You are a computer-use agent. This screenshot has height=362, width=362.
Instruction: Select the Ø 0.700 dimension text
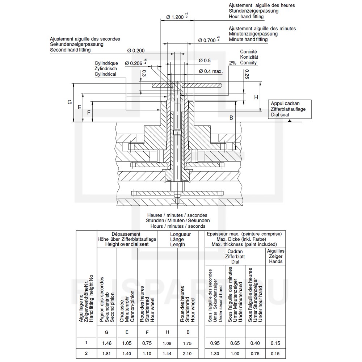pos(209,40)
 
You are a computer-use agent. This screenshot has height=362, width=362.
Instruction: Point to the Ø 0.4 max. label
pos(211,71)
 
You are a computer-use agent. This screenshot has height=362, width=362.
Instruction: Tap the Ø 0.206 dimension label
pos(136,63)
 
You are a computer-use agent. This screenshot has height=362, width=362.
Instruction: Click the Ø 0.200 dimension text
pos(136,51)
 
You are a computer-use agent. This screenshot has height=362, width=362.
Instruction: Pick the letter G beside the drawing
pos(70,102)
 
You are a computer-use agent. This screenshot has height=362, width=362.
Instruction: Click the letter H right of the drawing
pos(256,97)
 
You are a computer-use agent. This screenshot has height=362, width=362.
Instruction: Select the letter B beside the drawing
pos(231,118)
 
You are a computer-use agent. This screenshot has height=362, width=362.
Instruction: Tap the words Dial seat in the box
pos(280,115)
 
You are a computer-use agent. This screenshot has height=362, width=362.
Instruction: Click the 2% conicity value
pos(232,63)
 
